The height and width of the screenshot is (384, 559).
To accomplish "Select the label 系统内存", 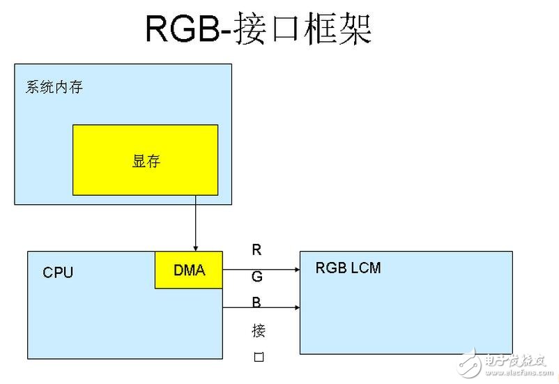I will [54, 88].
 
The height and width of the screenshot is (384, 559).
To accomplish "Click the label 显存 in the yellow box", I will [146, 161].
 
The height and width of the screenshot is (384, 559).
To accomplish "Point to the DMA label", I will [189, 270].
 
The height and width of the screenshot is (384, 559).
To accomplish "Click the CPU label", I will [58, 272].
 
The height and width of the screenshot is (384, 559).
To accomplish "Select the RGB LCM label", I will [348, 268].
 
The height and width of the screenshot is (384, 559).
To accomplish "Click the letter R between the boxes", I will [257, 250].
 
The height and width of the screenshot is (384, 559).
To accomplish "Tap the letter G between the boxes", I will [257, 277].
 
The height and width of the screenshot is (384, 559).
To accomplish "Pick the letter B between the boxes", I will [257, 303].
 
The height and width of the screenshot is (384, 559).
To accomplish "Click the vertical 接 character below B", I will [258, 330].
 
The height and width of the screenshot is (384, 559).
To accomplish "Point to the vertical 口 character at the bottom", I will [258, 358].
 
